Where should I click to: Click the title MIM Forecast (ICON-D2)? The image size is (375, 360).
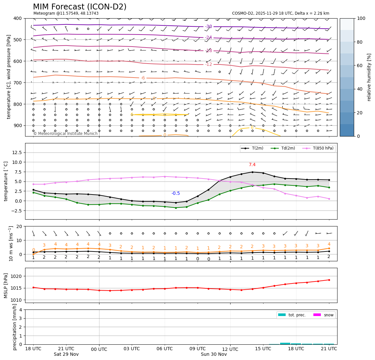coord(80,7)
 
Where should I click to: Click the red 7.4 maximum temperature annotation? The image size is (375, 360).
coord(252,165)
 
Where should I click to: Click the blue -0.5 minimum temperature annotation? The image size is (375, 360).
coord(175,194)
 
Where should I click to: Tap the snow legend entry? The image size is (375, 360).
coord(328,315)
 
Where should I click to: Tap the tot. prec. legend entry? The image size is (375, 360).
coord(297,315)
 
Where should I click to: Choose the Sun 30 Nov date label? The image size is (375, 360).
coord(214,354)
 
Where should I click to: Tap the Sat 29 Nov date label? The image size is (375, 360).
coord(66,354)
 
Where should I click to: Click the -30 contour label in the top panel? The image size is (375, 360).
coord(208,27)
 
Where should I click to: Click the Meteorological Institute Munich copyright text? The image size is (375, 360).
coord(66,134)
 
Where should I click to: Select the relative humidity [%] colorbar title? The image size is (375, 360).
coord(369,77)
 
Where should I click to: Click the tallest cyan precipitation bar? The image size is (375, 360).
coord(285,343)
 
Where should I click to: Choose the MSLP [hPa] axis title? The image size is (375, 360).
coord(6,285)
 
